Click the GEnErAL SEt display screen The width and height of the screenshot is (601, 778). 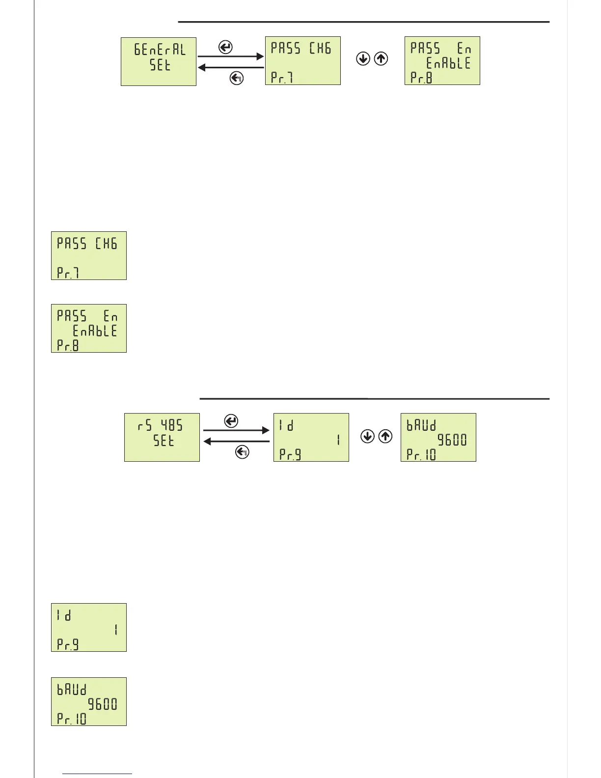tap(159, 61)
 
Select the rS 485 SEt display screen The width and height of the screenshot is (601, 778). tap(162, 437)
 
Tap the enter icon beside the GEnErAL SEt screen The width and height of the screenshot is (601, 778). tap(225, 48)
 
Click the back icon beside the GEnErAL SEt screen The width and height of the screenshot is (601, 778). tap(237, 78)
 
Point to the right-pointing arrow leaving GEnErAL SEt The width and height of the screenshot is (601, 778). tap(231, 56)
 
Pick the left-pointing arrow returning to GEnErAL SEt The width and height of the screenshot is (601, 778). tap(231, 67)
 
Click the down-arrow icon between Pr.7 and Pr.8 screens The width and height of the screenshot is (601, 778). tap(363, 59)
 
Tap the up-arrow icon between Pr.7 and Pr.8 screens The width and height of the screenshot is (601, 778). tap(381, 59)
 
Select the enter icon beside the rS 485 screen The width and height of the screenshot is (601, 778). tap(231, 421)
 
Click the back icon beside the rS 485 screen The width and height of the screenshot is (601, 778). tap(242, 452)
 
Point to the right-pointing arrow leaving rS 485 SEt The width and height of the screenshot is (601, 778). tap(236, 430)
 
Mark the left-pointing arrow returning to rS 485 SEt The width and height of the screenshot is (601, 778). tap(236, 442)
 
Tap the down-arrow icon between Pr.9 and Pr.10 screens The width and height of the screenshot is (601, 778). tap(367, 436)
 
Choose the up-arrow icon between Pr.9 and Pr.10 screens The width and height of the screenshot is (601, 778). tap(385, 436)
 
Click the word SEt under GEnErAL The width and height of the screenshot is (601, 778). tap(160, 65)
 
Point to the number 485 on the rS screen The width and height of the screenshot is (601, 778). tap(172, 425)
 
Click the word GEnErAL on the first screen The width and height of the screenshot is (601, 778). tap(160, 50)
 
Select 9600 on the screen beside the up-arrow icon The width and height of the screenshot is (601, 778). tap(452, 440)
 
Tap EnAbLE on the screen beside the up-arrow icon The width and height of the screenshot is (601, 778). tap(448, 63)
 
